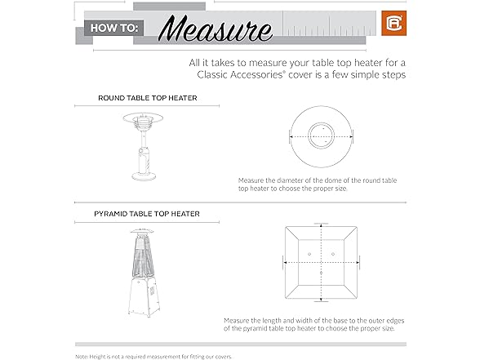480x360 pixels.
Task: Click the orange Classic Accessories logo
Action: point(393,23)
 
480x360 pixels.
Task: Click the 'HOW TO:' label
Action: point(114,28)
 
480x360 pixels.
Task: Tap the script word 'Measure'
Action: point(216,29)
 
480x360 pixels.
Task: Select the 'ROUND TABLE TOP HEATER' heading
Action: point(148,98)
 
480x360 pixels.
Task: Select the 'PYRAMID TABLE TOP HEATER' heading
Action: point(147,214)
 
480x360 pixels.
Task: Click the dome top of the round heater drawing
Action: point(143,118)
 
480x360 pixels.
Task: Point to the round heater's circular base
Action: point(144,176)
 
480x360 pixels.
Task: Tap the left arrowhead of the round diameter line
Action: point(291,137)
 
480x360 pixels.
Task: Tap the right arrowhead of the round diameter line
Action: point(351,137)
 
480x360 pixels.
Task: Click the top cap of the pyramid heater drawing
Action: point(142,230)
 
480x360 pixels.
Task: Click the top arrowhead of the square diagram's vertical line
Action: point(321,226)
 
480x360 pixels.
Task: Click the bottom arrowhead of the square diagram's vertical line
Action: point(321,300)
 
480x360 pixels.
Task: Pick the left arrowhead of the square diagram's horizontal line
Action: point(286,262)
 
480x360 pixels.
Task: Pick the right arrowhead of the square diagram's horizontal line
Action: point(357,262)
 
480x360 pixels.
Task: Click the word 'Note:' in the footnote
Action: point(82,357)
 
